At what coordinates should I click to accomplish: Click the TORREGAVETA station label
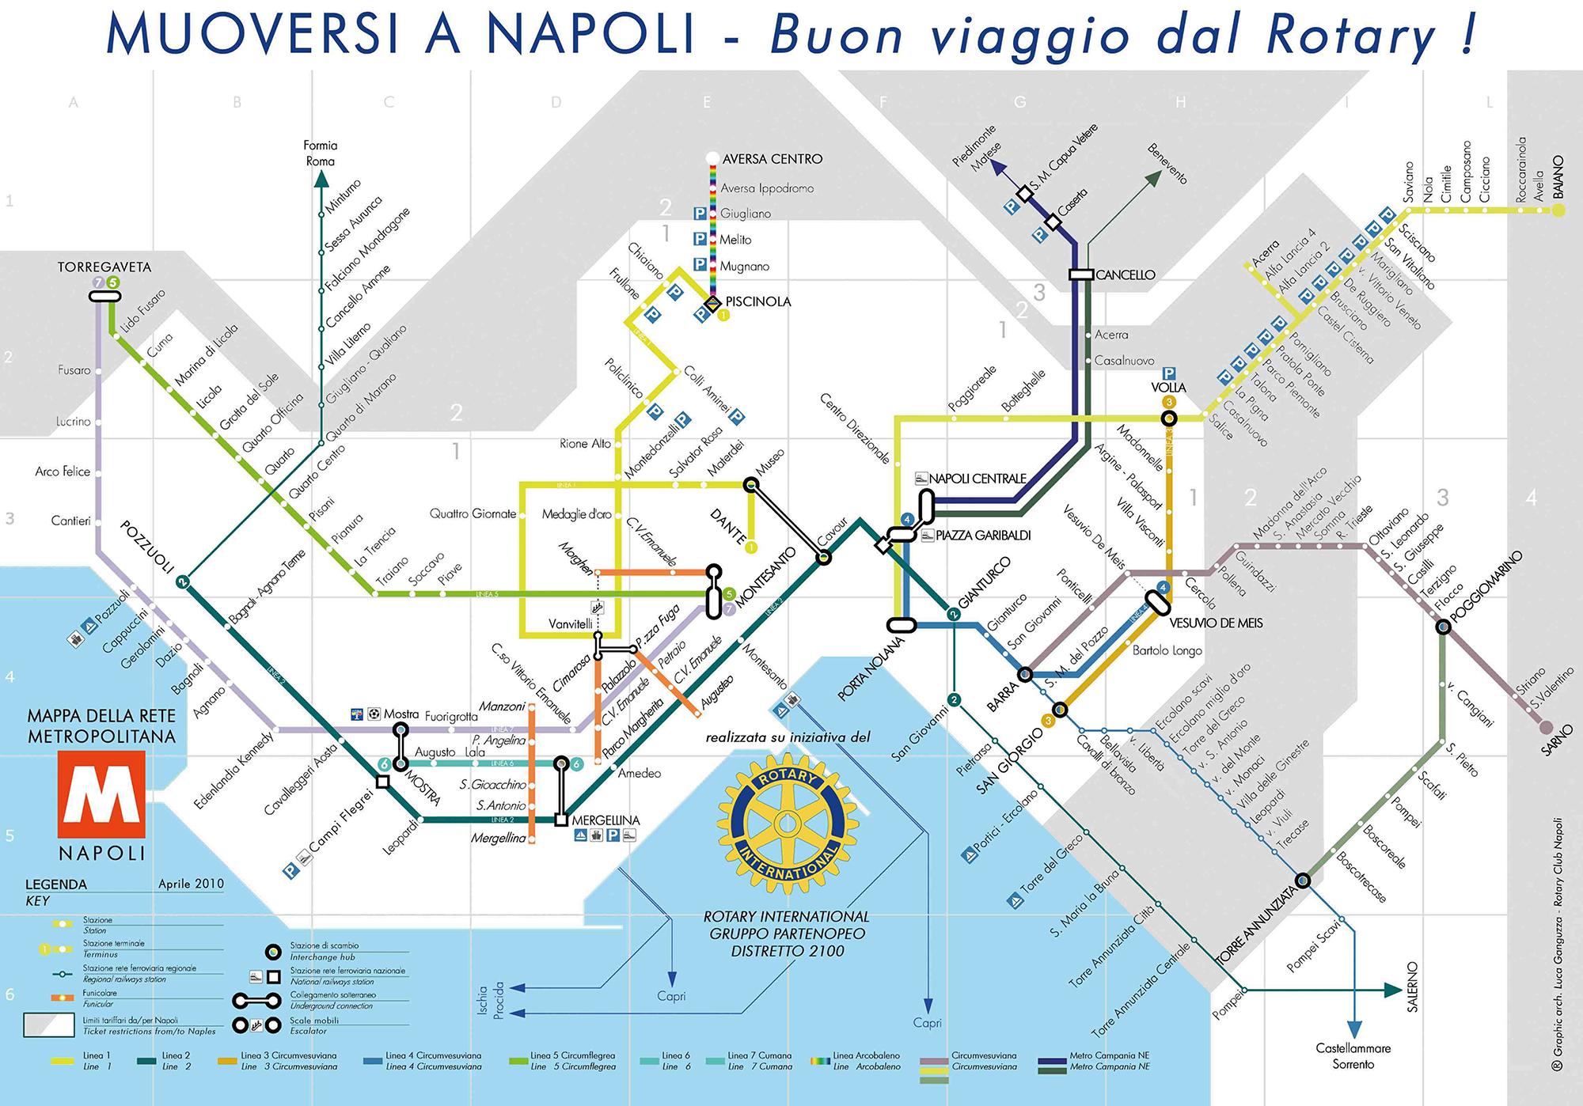(104, 267)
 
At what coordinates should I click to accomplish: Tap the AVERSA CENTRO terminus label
(772, 159)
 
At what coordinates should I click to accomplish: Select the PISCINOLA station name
(757, 301)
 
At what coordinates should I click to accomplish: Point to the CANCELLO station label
(1125, 275)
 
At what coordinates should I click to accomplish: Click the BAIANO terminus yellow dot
(1558, 210)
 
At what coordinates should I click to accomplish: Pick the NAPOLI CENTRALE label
(977, 479)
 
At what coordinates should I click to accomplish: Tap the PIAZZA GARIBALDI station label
(982, 536)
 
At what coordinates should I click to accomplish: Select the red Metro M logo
(101, 794)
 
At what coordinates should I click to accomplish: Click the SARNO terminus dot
(1544, 726)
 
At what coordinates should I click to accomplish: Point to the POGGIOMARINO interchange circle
(1443, 627)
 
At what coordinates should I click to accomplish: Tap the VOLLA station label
(1168, 387)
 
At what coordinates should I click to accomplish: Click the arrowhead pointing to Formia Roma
(321, 180)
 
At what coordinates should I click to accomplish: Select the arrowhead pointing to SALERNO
(1392, 990)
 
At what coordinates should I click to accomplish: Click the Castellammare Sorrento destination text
(1353, 1056)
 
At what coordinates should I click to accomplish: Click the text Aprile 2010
(191, 884)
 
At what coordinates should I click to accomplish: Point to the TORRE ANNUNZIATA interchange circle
(1302, 880)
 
